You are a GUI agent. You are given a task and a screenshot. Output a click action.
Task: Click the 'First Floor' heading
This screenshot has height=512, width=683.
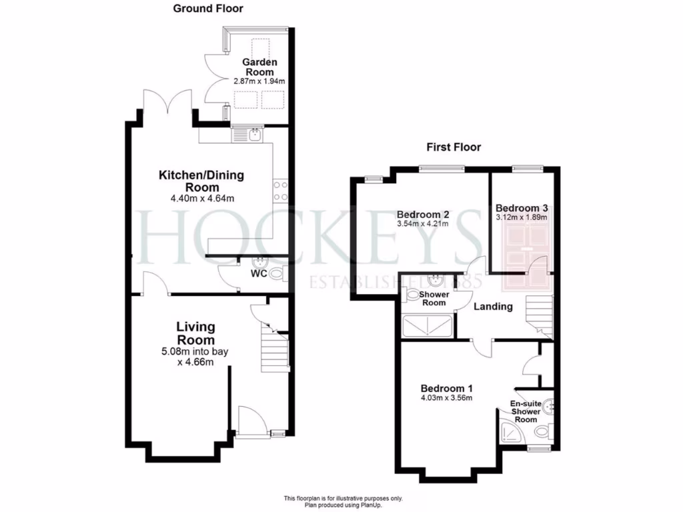[454, 147]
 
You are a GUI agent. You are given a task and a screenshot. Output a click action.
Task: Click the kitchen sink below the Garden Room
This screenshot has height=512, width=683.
[254, 135]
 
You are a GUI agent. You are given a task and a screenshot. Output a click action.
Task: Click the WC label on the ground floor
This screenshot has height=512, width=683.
[259, 273]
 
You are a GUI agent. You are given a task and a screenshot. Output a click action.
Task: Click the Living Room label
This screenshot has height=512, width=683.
[195, 333]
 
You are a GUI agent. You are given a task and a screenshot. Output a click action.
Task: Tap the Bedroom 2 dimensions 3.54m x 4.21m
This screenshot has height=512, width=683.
[422, 223]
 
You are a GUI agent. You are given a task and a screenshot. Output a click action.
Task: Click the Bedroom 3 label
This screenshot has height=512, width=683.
[521, 207]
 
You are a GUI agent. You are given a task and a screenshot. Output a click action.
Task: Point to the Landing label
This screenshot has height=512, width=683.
[493, 307]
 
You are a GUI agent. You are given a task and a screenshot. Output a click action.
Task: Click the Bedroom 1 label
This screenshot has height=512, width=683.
[446, 389]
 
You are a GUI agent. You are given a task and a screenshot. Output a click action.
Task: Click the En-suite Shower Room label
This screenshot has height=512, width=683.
[526, 411]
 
